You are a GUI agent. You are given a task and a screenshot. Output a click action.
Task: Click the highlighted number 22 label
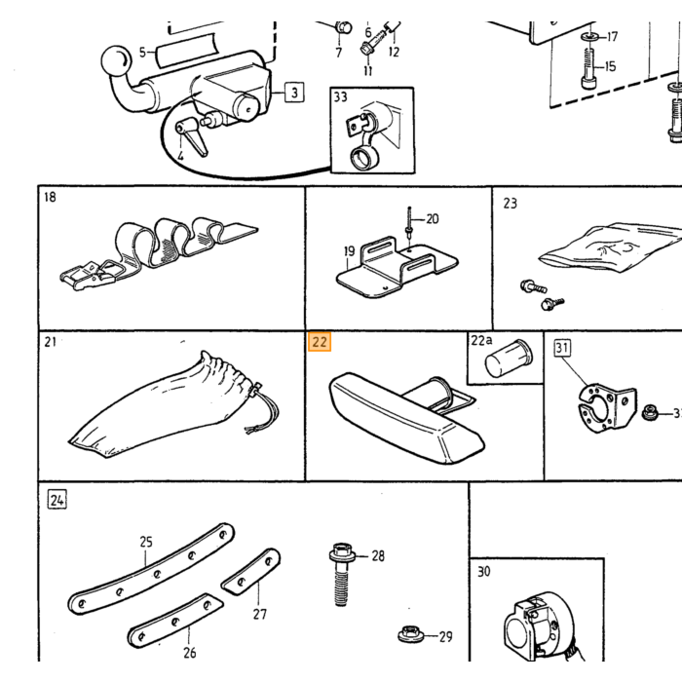(320, 341)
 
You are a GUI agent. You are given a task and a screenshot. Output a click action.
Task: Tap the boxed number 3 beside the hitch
(294, 93)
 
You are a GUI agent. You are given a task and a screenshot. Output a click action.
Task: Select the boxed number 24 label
(57, 500)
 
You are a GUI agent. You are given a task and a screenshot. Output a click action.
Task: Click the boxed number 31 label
(562, 348)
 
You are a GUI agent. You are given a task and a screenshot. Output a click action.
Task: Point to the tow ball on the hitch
(116, 60)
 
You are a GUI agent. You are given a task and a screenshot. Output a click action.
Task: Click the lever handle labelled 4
(191, 136)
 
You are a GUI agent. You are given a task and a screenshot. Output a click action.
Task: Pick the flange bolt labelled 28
(342, 574)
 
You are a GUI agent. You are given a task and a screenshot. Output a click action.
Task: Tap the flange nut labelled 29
(410, 634)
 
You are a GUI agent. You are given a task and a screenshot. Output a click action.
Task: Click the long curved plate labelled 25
(150, 569)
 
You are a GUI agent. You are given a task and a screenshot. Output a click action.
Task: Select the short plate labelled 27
(251, 572)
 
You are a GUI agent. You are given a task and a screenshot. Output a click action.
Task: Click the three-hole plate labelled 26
(175, 621)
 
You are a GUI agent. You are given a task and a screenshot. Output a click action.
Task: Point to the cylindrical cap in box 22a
(508, 358)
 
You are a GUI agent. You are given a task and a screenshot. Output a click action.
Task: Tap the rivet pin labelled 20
(409, 222)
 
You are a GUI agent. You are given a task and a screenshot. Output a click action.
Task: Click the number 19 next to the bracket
(349, 251)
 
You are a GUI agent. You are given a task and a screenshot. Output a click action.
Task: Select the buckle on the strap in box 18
(89, 275)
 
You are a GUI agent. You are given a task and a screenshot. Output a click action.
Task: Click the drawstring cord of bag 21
(264, 409)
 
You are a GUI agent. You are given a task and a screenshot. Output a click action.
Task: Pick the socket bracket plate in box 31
(606, 407)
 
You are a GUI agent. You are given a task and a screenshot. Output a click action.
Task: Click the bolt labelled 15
(587, 68)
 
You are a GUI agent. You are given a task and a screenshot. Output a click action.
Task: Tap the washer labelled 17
(589, 37)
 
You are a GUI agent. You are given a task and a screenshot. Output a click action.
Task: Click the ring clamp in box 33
(364, 158)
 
